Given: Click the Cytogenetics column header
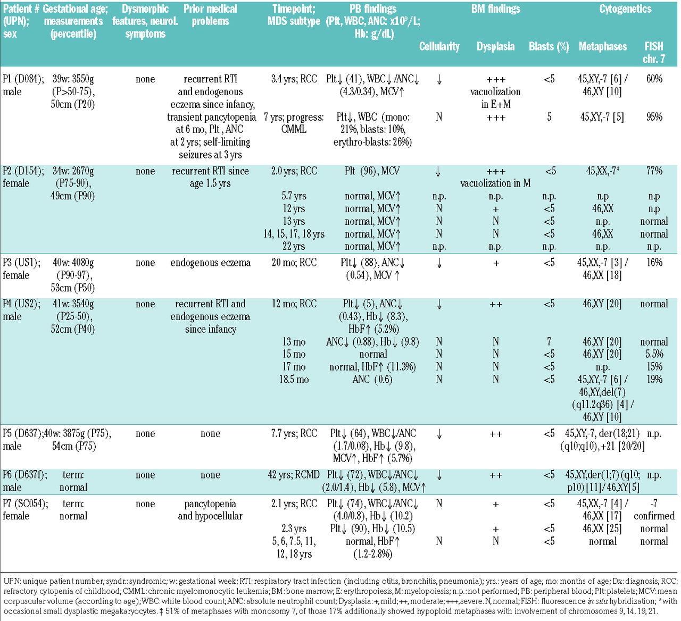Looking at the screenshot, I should click(x=625, y=9).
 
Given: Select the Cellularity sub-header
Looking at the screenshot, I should click(x=439, y=46).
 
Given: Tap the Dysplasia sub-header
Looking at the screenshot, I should click(x=495, y=46).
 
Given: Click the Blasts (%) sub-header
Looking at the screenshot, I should click(x=549, y=46).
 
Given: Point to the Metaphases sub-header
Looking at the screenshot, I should click(x=602, y=46).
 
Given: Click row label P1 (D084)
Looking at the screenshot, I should click(x=23, y=79).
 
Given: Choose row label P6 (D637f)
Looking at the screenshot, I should click(x=24, y=475).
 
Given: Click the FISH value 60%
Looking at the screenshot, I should click(x=654, y=79).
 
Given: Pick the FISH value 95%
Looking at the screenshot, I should click(x=654, y=117).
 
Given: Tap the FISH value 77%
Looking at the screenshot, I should click(x=654, y=171).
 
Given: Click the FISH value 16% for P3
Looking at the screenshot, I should click(x=654, y=263).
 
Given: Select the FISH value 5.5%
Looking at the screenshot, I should click(x=654, y=354).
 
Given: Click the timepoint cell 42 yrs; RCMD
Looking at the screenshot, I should click(x=294, y=475).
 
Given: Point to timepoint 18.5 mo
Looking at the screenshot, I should click(x=294, y=380).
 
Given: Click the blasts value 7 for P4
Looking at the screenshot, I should click(x=549, y=342).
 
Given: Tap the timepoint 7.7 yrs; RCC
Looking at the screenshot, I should click(x=294, y=433).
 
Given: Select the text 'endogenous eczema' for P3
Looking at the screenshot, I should click(x=210, y=263).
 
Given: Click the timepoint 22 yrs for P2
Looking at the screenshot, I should click(x=294, y=247).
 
